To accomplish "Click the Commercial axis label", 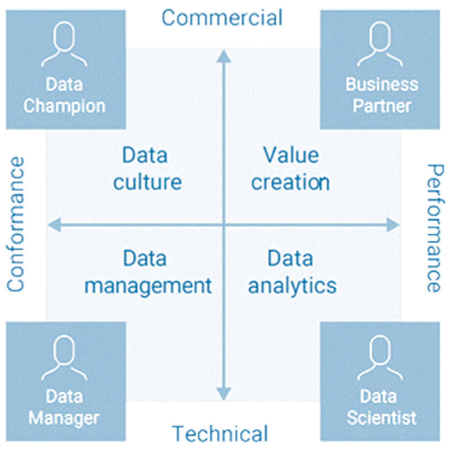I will coord(222,18).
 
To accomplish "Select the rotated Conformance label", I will coord(15,224).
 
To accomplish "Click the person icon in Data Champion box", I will coord(64,44).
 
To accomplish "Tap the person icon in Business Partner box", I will coord(380,44).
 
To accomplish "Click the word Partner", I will coord(382,106).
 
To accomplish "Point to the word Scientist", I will coord(381,418).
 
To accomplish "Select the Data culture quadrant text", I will coord(147,169).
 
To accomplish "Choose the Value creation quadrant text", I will coord(290,169).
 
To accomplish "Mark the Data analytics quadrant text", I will coord(292,272).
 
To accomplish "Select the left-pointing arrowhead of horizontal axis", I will coord(55,225).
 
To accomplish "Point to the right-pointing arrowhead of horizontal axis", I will coord(393,225).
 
